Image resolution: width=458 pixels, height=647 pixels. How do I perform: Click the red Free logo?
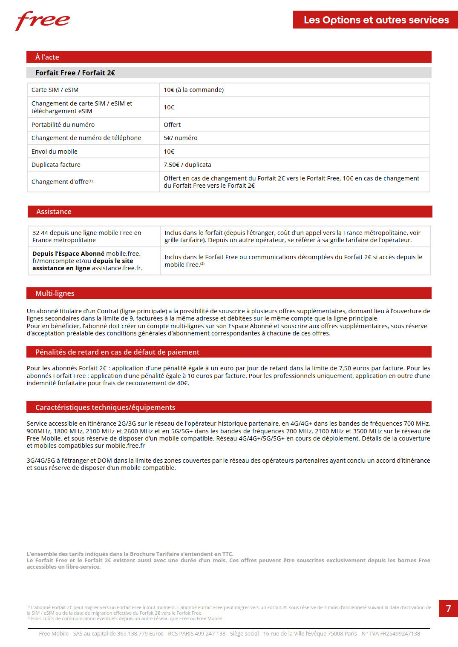[43, 20]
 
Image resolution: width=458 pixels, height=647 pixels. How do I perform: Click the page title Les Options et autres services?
[376, 20]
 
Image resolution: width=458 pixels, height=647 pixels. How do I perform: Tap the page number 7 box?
[448, 608]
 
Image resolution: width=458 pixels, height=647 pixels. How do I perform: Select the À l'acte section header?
[47, 57]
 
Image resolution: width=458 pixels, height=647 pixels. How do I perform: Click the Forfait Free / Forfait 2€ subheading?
[75, 73]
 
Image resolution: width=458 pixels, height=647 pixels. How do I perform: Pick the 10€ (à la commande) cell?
[193, 90]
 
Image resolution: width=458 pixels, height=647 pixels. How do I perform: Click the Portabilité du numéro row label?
[63, 125]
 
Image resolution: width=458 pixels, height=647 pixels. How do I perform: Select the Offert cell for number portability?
[172, 125]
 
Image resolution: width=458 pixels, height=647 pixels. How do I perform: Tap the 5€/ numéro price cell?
[180, 138]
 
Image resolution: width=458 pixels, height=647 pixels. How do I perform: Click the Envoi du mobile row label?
[55, 152]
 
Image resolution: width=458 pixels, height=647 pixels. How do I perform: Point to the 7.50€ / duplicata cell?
[187, 165]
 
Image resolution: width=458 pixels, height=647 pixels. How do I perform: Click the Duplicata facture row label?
[56, 165]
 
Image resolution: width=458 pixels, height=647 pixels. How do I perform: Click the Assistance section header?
[54, 212]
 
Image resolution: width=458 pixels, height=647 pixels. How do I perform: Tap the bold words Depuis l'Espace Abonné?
[68, 254]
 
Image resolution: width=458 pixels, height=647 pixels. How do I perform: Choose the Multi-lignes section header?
[55, 293]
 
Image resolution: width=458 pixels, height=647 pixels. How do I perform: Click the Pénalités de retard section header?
[117, 352]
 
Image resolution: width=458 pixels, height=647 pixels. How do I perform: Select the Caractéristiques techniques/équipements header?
[105, 407]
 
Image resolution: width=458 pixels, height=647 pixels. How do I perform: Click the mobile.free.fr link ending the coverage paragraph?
[125, 446]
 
